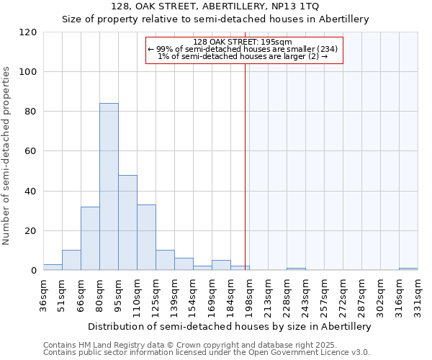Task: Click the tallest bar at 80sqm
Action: coord(109,187)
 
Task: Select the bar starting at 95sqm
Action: coord(127,222)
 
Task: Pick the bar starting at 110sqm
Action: coord(146,238)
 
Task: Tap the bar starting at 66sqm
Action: coord(90,238)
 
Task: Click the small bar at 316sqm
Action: coord(408,269)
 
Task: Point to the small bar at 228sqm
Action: coord(296,269)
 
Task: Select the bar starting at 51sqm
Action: coord(71,260)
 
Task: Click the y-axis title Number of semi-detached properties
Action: coord(7,156)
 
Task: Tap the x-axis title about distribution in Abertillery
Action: coord(230,327)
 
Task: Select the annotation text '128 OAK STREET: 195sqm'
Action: coord(243,42)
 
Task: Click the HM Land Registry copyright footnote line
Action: coord(191,345)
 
